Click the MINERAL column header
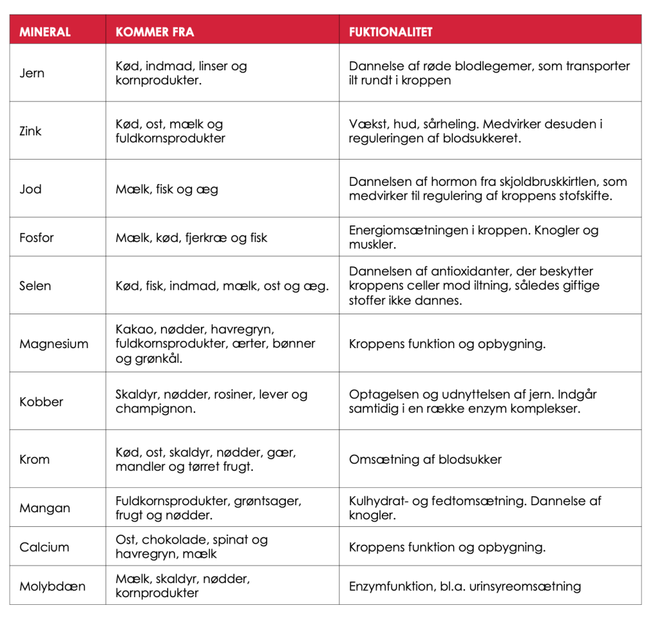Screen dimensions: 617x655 click(45, 32)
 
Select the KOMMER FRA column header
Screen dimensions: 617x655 click(155, 32)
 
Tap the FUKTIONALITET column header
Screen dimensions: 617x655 click(391, 32)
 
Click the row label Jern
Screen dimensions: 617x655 click(32, 73)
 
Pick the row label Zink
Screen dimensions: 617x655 click(31, 131)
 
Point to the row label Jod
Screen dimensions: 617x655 click(30, 189)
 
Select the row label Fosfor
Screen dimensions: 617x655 click(36, 238)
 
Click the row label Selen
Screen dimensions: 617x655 click(35, 286)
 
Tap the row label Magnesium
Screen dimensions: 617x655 click(54, 344)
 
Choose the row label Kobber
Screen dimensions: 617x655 click(41, 402)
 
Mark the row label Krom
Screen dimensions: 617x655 click(35, 459)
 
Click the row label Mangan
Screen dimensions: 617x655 click(45, 508)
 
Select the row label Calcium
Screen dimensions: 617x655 click(44, 547)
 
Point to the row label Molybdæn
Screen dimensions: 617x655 click(52, 586)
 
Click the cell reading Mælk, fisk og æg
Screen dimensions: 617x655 click(167, 189)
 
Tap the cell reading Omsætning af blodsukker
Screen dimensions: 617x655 click(425, 459)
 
